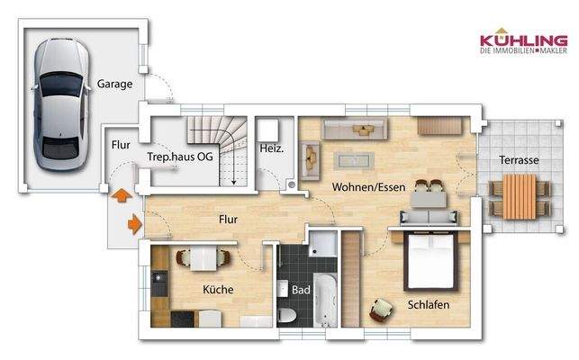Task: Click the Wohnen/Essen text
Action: [368, 187]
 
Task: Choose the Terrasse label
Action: [520, 159]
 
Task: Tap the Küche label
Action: [218, 289]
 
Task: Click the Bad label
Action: [301, 290]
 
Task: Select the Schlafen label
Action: [428, 304]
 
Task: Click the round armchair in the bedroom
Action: [382, 310]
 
